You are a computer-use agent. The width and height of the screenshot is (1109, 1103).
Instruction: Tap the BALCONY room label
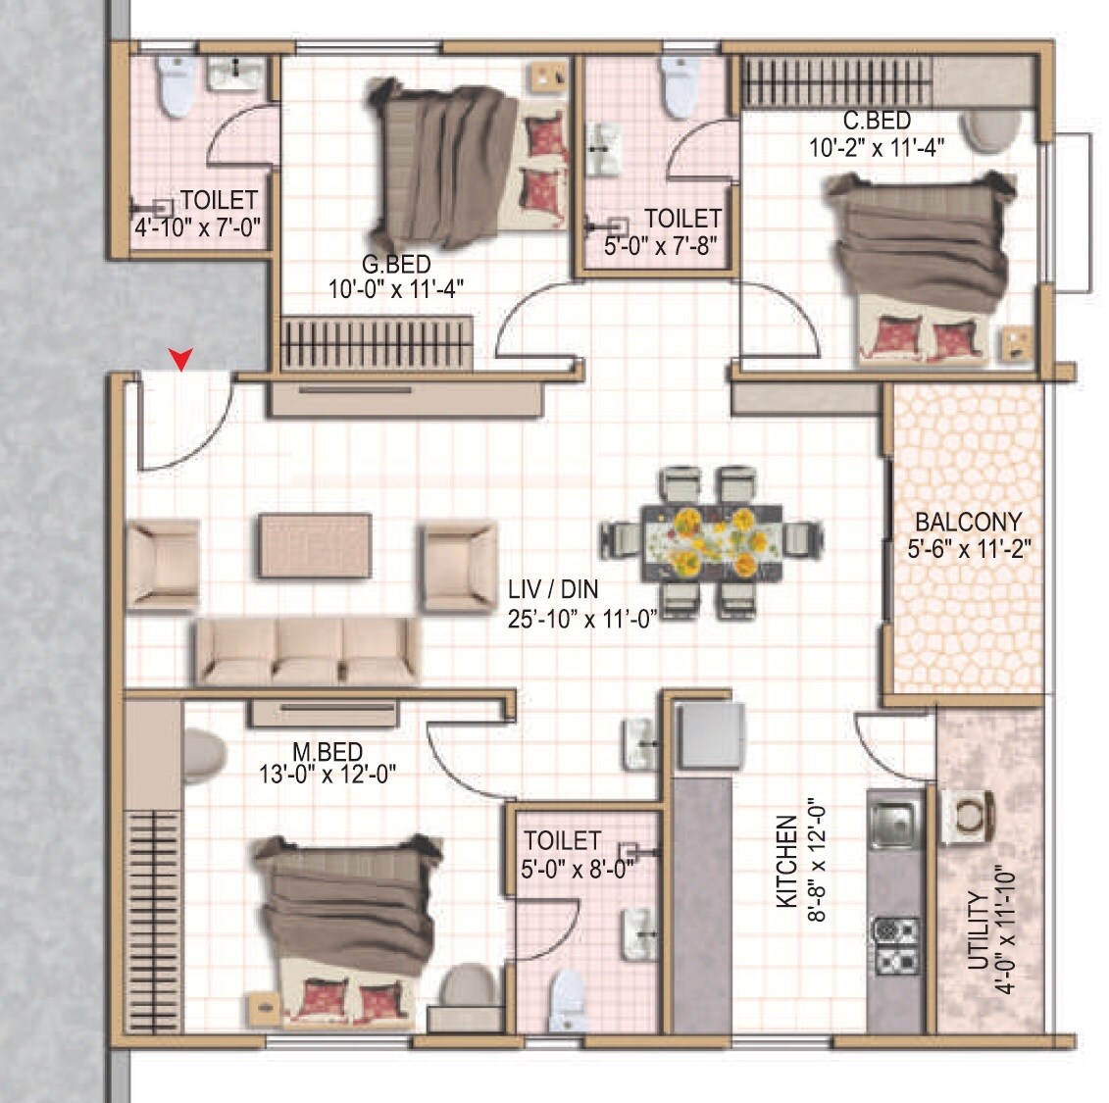coord(967,523)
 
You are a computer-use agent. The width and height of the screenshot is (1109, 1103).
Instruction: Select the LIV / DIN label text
coord(553,589)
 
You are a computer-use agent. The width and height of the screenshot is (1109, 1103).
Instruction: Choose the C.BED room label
coord(877,122)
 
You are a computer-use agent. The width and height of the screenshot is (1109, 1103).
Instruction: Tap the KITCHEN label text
coord(786,862)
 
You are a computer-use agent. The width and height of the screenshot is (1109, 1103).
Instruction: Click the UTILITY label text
coord(977,930)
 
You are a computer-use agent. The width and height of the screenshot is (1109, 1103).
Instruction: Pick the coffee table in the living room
coord(315,545)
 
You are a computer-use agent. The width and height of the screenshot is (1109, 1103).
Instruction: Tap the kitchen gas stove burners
coord(896,944)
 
